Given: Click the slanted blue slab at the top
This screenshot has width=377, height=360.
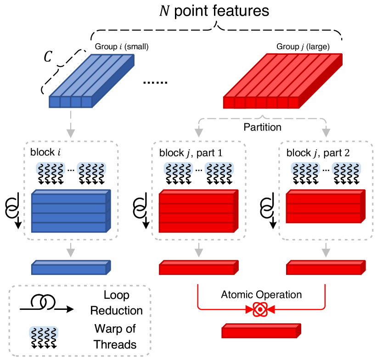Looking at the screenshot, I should [92, 81].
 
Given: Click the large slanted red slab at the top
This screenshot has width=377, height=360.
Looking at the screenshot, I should [282, 81].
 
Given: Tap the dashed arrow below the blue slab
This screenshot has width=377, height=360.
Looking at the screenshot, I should [71, 124].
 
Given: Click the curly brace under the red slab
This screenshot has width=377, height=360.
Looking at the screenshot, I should [262, 118].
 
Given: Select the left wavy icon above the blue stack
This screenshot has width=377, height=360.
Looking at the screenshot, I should [51, 169].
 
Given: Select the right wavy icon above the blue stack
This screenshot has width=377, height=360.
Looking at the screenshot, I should [91, 169].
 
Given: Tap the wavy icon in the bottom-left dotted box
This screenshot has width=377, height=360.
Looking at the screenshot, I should [44, 332].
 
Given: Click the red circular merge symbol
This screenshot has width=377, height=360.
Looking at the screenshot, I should [260, 309].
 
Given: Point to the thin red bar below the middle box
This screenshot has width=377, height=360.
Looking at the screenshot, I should [198, 268].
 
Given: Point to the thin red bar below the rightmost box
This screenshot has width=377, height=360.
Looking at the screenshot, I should [325, 268].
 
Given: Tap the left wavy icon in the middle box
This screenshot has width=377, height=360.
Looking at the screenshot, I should [178, 169].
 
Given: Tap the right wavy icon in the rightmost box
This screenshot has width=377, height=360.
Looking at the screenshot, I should [346, 169].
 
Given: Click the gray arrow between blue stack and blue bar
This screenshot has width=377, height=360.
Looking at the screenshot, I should [71, 250].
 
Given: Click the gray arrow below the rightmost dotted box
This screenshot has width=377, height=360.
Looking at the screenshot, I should [326, 250].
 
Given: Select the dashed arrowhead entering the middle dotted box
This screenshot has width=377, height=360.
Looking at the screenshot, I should [199, 133].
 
